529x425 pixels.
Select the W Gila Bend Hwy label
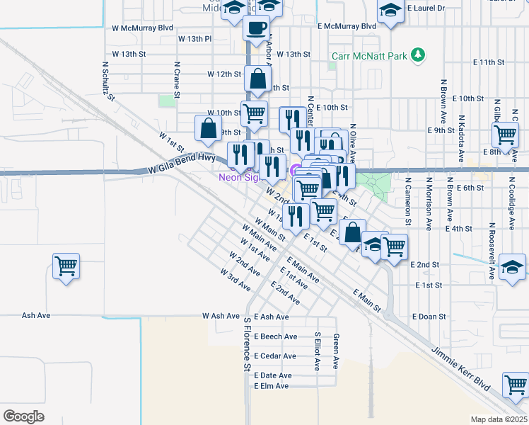182,164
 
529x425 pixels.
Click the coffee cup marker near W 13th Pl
256,28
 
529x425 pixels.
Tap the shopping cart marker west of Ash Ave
66,267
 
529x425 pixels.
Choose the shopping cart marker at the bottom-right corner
516,385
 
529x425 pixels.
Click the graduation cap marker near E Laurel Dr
389,11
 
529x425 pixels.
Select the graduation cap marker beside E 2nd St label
512,268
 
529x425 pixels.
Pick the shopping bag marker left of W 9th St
208,128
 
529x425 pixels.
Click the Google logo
23,416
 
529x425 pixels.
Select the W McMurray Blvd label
142,28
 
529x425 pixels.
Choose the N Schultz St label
108,80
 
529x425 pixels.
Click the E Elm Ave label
272,386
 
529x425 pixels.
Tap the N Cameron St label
408,200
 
